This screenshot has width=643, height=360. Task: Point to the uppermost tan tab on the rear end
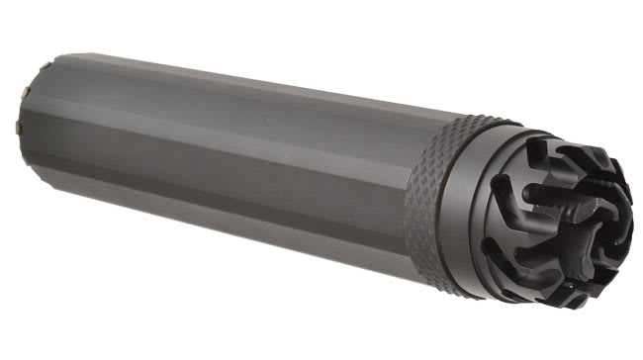click(x=46, y=65)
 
